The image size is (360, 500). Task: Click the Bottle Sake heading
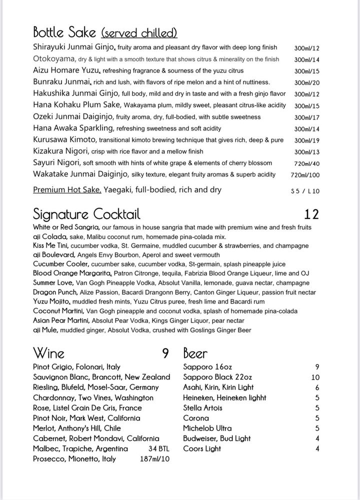click(64, 33)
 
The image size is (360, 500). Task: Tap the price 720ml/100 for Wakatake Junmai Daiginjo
click(305, 175)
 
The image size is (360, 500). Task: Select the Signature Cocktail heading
click(86, 214)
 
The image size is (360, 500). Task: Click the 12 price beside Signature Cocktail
click(311, 214)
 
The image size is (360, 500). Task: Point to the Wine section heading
click(48, 353)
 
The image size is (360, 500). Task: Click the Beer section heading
click(195, 353)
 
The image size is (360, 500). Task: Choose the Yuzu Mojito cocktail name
click(52, 302)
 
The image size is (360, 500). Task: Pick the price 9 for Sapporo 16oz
click(317, 367)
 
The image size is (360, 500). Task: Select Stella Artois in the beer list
click(203, 408)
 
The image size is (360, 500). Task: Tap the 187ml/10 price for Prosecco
click(154, 459)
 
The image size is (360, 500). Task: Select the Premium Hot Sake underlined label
click(67, 190)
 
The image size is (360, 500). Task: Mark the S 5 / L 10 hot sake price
click(305, 191)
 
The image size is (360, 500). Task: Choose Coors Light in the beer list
click(202, 448)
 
